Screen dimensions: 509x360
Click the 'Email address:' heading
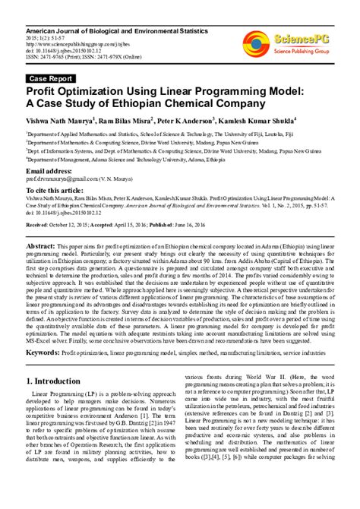54,172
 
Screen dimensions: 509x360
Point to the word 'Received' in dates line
38,226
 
